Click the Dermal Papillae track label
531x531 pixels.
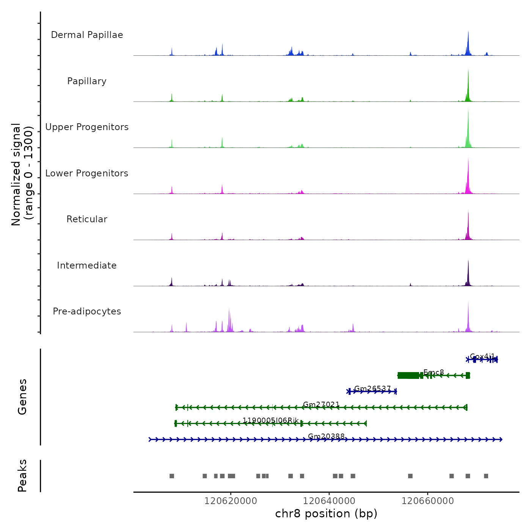(x=87, y=35)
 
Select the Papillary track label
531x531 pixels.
(x=87, y=81)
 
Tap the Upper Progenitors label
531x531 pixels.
(x=87, y=127)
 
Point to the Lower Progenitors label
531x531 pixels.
(x=87, y=173)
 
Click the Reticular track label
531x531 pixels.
(x=87, y=219)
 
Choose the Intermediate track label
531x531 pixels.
(x=87, y=265)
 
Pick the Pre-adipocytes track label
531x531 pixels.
(x=87, y=311)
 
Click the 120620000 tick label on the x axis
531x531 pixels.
(x=231, y=501)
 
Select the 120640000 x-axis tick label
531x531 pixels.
(x=329, y=501)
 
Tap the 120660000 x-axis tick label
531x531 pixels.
(x=428, y=501)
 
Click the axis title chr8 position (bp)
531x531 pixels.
(x=326, y=514)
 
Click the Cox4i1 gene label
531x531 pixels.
(x=482, y=357)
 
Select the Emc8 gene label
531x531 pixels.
(x=434, y=372)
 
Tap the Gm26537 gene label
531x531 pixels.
(x=372, y=388)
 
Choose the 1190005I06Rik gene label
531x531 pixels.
(x=270, y=420)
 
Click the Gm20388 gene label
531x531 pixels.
(x=326, y=436)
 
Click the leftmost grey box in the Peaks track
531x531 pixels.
(x=172, y=476)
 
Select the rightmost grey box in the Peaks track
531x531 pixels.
(x=486, y=476)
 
